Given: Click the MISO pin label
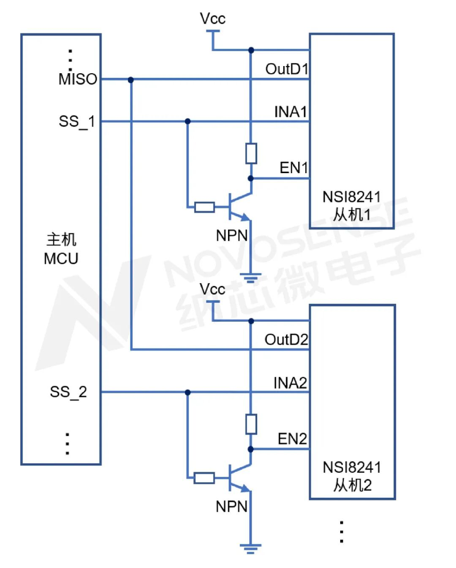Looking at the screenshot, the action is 78,79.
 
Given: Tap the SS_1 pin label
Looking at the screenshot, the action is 77,121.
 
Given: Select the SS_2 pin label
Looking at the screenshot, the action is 68,392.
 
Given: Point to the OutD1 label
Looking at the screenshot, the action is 287,69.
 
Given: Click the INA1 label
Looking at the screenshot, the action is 291,112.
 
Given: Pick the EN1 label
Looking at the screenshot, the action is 294,167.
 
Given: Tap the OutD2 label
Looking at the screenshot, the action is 286,340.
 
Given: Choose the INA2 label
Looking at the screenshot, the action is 290,383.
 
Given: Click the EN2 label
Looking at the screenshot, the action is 292,439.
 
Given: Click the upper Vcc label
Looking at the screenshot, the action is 213,18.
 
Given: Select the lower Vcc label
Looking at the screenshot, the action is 212,289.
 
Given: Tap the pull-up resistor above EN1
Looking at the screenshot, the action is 251,153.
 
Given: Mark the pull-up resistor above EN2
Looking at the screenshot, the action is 251,424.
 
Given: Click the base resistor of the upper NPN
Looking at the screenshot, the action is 204,207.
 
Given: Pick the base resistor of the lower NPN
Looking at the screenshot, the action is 204,478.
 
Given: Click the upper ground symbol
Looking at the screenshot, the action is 251,278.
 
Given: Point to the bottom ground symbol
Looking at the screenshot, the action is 251,549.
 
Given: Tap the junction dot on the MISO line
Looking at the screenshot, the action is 131,80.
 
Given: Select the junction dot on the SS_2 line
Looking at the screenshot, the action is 188,392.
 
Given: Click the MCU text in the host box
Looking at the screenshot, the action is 61,259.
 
